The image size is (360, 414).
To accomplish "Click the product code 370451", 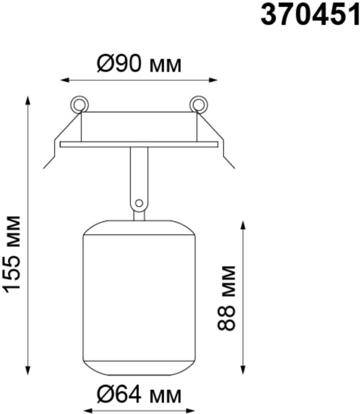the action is pyautogui.click(x=310, y=15).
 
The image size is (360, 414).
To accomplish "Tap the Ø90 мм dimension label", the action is pyautogui.click(x=139, y=64).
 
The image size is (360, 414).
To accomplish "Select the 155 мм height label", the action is pyautogui.click(x=12, y=254).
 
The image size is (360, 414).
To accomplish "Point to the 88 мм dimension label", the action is pyautogui.click(x=226, y=298).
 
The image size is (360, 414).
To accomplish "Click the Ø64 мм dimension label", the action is pyautogui.click(x=139, y=395).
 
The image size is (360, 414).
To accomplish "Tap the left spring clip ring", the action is pyautogui.click(x=79, y=105).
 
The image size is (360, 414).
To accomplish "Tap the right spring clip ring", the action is pyautogui.click(x=198, y=105).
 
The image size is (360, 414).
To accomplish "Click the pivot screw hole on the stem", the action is pyautogui.click(x=139, y=203).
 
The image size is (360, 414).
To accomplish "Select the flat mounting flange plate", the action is pyautogui.click(x=139, y=144).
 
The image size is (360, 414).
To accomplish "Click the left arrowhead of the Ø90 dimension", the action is pyautogui.click(x=64, y=80).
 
